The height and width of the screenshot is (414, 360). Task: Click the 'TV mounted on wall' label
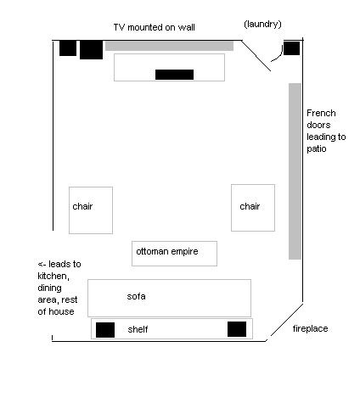pos(154,27)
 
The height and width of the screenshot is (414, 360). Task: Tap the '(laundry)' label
pos(262,25)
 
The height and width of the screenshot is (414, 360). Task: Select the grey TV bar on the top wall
pos(169,46)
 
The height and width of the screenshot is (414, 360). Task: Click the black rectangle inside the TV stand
pos(174,75)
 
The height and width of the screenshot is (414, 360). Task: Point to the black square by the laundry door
pos(291,48)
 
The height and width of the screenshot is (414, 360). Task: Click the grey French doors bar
pos(295,171)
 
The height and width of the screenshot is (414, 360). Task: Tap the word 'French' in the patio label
pos(321,113)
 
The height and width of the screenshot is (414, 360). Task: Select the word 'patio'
pos(317,149)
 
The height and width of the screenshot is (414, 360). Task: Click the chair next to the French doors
pos(253,208)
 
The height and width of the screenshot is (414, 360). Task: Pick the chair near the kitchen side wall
pos(91,210)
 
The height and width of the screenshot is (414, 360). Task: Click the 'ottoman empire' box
pos(174,254)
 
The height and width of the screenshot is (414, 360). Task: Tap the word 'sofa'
pos(136,296)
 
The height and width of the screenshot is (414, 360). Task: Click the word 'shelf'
pos(138,329)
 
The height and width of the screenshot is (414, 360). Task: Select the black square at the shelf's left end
pos(105,330)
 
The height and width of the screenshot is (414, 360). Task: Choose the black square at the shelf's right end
pos(237,329)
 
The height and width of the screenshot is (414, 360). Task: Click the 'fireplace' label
pos(310,328)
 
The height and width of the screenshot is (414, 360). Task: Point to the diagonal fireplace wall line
pos(287,320)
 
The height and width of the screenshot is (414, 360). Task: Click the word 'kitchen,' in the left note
pos(53,277)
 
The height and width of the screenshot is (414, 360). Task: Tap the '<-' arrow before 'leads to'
pos(42,265)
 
